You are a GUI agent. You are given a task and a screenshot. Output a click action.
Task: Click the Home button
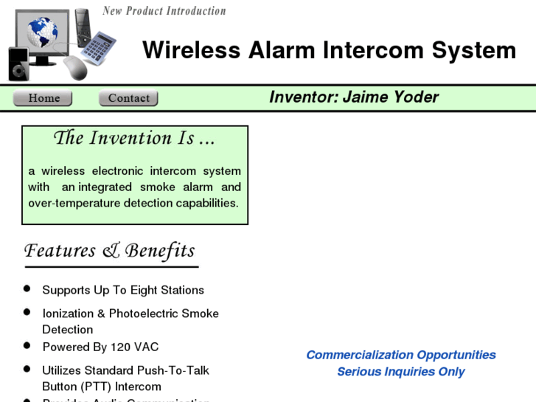point(43,98)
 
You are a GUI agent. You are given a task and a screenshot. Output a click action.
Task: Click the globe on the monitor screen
point(42,32)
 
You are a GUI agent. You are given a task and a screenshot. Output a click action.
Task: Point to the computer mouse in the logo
point(75,67)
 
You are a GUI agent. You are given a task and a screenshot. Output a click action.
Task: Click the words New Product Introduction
point(164,10)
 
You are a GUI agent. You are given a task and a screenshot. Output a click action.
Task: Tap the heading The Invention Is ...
point(134,138)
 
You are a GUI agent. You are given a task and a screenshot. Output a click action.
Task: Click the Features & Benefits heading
point(110,251)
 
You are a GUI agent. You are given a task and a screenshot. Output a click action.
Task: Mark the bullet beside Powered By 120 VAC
point(27,345)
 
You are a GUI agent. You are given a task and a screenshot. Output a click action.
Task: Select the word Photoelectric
point(164,313)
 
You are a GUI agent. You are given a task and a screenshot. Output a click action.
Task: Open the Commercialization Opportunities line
point(401,355)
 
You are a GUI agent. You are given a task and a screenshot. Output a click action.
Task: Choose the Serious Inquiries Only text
point(401,372)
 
